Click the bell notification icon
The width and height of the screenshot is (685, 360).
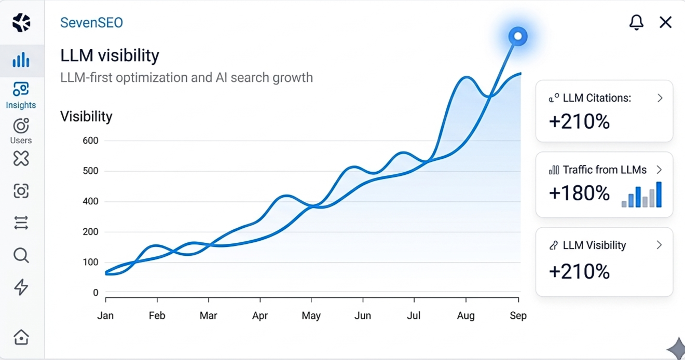pyautogui.click(x=636, y=22)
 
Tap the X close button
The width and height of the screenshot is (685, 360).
pyautogui.click(x=665, y=22)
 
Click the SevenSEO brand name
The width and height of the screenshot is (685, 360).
pyautogui.click(x=91, y=23)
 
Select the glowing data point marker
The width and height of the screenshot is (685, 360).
pyautogui.click(x=517, y=36)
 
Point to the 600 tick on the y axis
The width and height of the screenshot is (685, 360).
pyautogui.click(x=90, y=141)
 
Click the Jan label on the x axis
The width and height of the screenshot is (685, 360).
pyautogui.click(x=105, y=316)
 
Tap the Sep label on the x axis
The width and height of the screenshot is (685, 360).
pyautogui.click(x=518, y=316)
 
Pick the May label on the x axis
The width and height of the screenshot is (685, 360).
pyautogui.click(x=311, y=316)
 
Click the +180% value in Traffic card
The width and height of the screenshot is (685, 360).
pyautogui.click(x=579, y=193)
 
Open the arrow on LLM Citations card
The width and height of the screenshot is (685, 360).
pyautogui.click(x=660, y=98)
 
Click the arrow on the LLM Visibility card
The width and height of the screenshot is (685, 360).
pyautogui.click(x=659, y=245)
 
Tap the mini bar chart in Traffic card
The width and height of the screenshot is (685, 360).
pyautogui.click(x=641, y=195)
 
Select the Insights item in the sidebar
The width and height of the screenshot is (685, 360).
pyautogui.click(x=21, y=96)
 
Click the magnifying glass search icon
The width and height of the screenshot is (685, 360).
pyautogui.click(x=21, y=255)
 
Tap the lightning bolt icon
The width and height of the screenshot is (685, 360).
pyautogui.click(x=21, y=287)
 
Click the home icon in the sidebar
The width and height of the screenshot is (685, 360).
pyautogui.click(x=21, y=337)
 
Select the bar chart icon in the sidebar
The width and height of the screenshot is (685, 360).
pyautogui.click(x=21, y=60)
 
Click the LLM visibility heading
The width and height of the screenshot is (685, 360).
pyautogui.click(x=109, y=56)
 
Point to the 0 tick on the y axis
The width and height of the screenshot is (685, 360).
pyautogui.click(x=95, y=293)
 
